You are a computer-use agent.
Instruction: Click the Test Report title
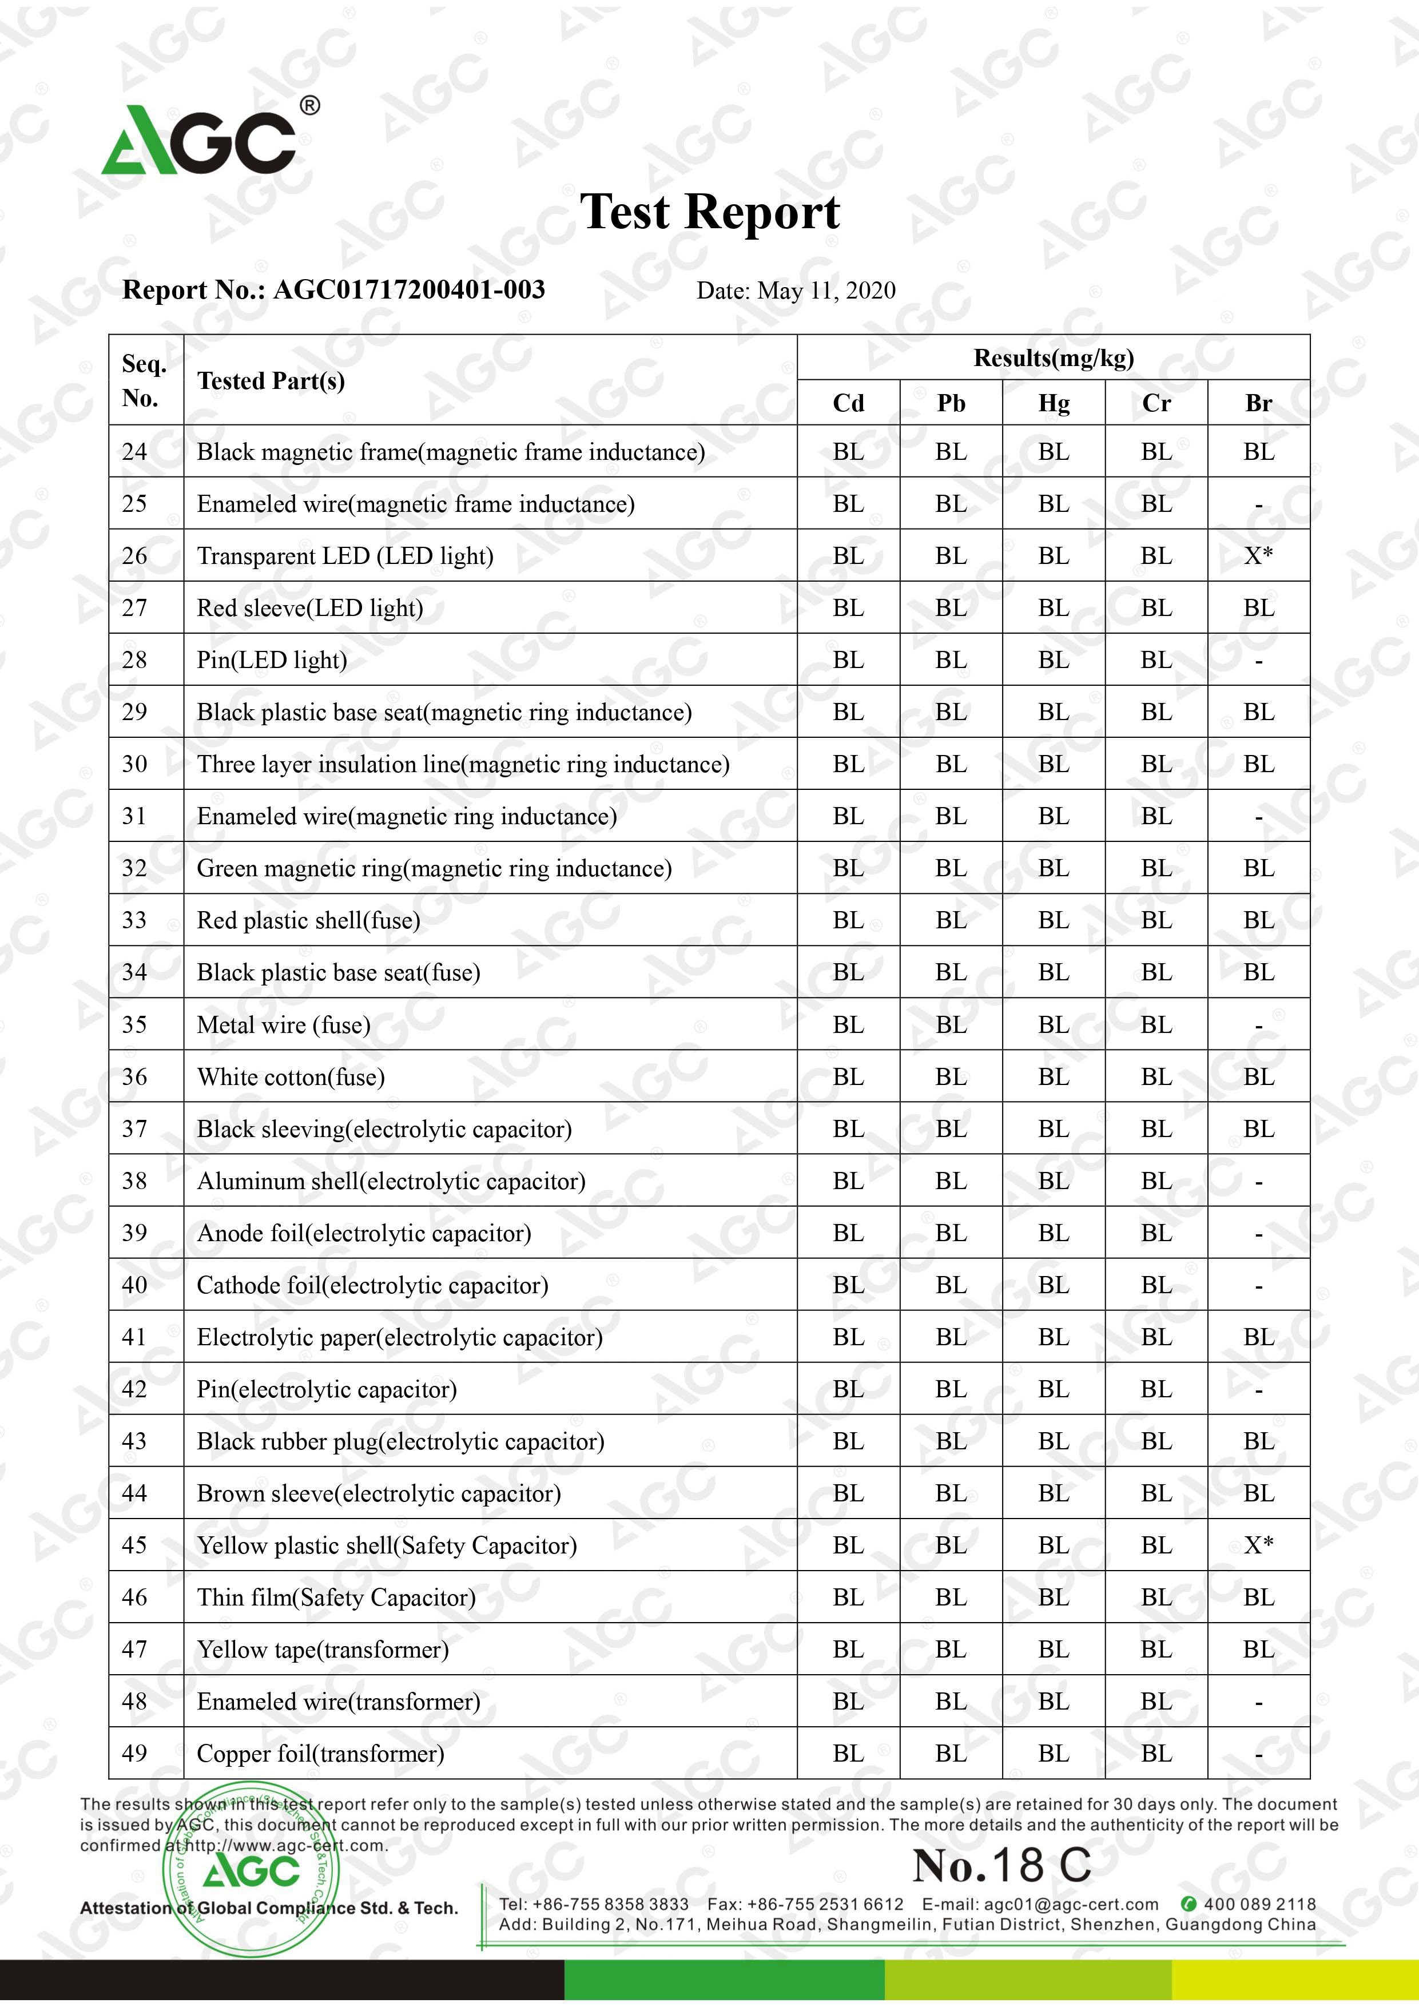click(709, 212)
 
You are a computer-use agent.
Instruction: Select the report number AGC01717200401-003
click(409, 289)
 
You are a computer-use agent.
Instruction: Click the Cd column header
click(848, 403)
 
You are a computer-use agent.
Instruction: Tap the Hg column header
click(1054, 403)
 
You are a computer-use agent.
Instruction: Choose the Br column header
click(1258, 403)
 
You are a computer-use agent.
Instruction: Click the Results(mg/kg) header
click(1054, 357)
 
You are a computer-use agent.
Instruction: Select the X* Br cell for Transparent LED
click(1258, 556)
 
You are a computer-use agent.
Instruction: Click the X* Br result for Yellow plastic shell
click(1258, 1545)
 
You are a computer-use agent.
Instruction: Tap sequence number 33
click(134, 920)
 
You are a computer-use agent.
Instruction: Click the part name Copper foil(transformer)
click(320, 1754)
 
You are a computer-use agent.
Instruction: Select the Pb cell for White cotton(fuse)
click(951, 1077)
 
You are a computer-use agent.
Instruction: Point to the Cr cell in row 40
click(1156, 1285)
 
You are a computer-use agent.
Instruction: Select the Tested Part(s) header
click(271, 381)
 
